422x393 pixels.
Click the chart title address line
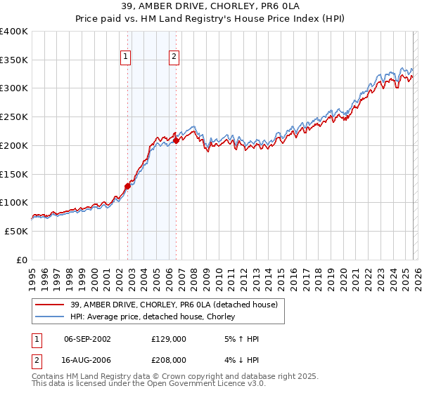211,6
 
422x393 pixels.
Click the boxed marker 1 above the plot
125,58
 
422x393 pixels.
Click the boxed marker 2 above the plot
173,58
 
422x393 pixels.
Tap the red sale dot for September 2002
128,186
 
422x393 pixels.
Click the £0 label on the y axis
21,260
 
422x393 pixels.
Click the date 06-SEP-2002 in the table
87,339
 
